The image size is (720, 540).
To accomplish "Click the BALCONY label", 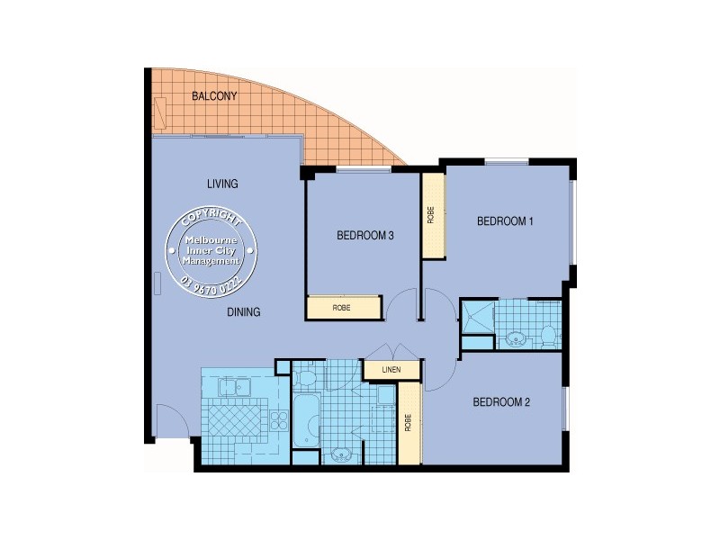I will [x=214, y=96].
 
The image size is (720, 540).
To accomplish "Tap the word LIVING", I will [x=222, y=184].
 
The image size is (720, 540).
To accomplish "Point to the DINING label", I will [x=243, y=312].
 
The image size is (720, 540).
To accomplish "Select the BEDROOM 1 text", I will [x=506, y=220].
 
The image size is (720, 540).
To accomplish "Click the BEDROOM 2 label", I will [x=501, y=402].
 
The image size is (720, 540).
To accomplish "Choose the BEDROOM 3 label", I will [x=365, y=236].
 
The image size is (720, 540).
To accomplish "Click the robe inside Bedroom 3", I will [x=342, y=308].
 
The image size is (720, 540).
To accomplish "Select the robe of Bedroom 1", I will [x=432, y=214].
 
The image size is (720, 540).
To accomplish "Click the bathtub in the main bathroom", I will [x=306, y=420].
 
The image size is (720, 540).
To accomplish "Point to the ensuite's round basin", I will [x=516, y=339].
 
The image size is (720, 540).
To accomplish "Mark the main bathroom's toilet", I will [x=305, y=374].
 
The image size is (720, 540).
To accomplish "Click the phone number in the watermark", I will [x=212, y=284].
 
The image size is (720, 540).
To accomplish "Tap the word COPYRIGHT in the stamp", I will [x=211, y=220].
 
